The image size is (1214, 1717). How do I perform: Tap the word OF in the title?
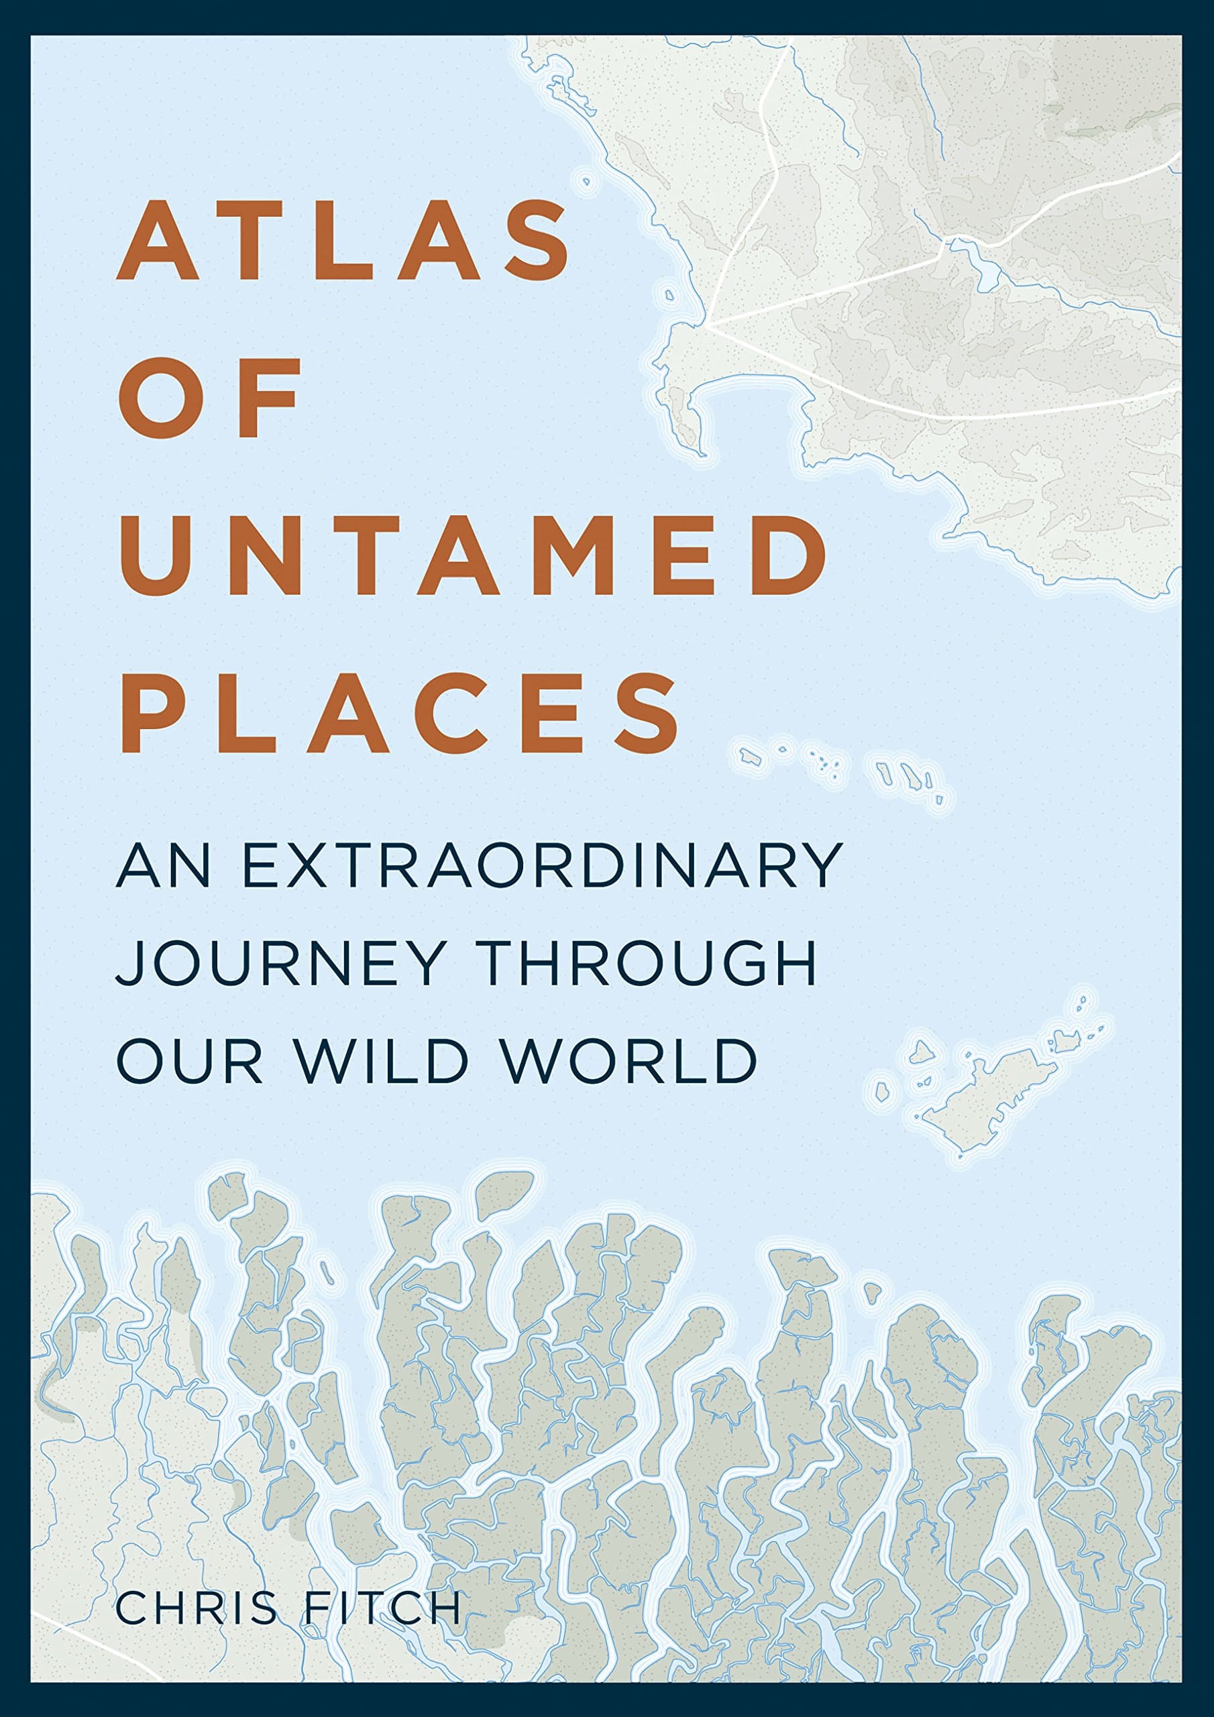click(209, 398)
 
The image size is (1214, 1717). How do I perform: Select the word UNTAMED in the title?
click(473, 555)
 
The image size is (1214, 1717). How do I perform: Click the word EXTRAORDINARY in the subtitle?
click(543, 866)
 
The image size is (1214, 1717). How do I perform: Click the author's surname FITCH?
click(382, 1606)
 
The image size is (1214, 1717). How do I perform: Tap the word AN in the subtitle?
click(162, 866)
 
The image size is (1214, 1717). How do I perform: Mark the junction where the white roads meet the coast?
click(706, 325)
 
